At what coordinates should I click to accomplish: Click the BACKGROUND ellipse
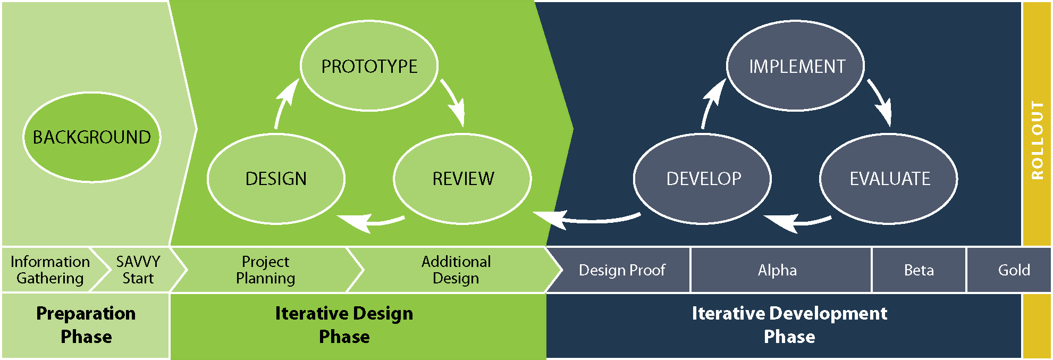(x=91, y=137)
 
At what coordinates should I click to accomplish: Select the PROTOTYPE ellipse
(x=369, y=66)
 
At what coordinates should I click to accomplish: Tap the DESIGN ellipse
(x=276, y=179)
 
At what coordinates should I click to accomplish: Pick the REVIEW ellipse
(x=462, y=179)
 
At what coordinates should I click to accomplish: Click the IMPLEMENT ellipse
(x=796, y=66)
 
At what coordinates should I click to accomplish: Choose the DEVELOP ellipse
(x=703, y=179)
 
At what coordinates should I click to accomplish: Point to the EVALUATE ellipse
(x=889, y=179)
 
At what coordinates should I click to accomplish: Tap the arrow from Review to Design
(x=372, y=221)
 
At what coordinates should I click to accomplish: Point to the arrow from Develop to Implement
(x=711, y=104)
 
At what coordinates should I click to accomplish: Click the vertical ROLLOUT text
(x=1037, y=140)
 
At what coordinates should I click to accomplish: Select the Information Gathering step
(x=49, y=270)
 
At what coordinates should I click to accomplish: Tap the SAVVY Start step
(x=138, y=270)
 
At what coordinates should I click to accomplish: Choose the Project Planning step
(x=265, y=270)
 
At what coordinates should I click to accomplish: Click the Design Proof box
(x=621, y=270)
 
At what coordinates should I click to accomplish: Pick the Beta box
(x=919, y=270)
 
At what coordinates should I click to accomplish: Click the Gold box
(x=1014, y=270)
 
